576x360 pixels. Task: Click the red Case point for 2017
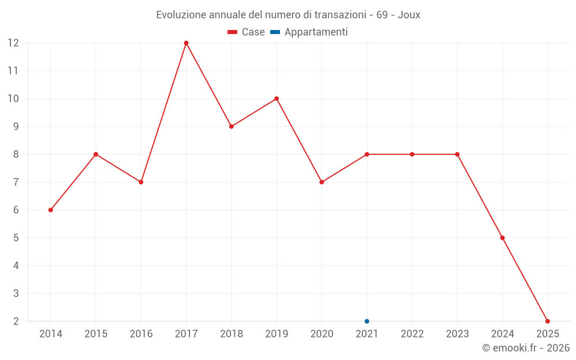pyautogui.click(x=186, y=43)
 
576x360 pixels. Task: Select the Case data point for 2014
pyautogui.click(x=51, y=210)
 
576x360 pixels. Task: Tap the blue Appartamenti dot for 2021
pyautogui.click(x=367, y=321)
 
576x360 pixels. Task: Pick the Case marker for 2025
pyautogui.click(x=548, y=321)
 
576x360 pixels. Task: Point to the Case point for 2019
pyautogui.click(x=276, y=98)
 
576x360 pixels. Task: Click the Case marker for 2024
pyautogui.click(x=502, y=238)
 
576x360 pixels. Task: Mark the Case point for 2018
pyautogui.click(x=232, y=126)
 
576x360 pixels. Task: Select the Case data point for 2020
pyautogui.click(x=322, y=182)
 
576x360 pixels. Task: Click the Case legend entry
pyautogui.click(x=247, y=32)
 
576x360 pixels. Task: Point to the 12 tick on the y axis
pyautogui.click(x=13, y=43)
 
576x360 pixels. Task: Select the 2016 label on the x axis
pyautogui.click(x=141, y=334)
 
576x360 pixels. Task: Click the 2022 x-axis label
pyautogui.click(x=412, y=334)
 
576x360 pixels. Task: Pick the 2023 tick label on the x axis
pyautogui.click(x=457, y=334)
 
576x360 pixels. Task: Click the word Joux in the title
pyautogui.click(x=409, y=15)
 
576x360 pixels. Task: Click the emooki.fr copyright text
pyautogui.click(x=526, y=348)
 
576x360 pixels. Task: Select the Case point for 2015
pyautogui.click(x=96, y=154)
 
